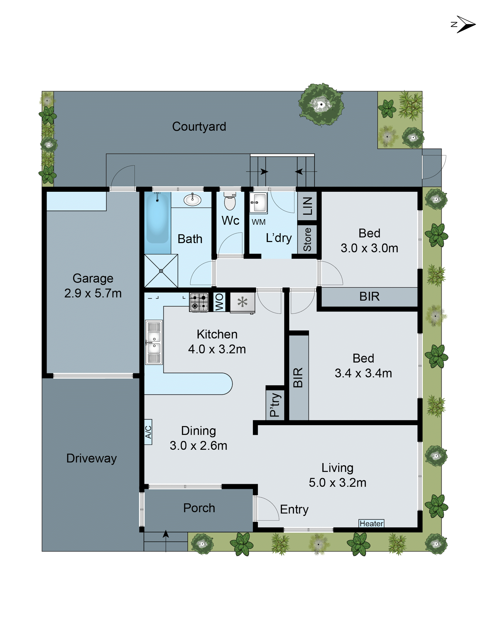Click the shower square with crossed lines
pos(161,271)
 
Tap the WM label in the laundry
pos(258,222)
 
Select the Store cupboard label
pos(307,240)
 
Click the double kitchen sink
pos(154,342)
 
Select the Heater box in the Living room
pos(371,523)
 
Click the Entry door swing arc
pos(268,508)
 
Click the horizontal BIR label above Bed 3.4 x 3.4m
pos(369,296)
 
